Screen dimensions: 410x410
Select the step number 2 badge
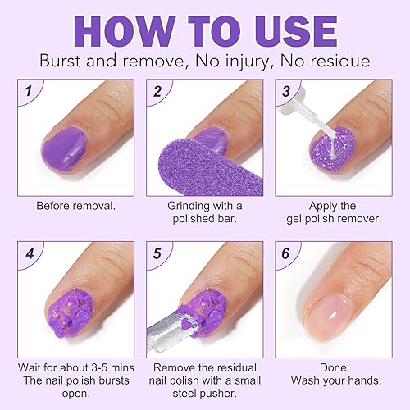click(157, 91)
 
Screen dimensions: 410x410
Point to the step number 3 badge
click(287, 91)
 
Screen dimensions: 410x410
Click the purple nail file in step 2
click(184, 164)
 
